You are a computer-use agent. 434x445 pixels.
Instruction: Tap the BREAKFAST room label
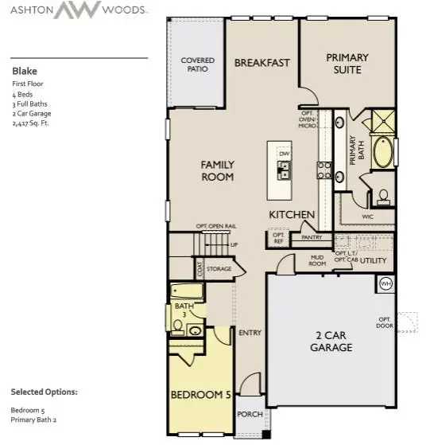[x=262, y=63]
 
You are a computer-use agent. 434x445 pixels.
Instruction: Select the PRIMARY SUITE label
[x=347, y=63]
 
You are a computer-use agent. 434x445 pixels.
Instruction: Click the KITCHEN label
[x=292, y=215]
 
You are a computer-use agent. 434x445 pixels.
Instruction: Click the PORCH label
[x=250, y=414]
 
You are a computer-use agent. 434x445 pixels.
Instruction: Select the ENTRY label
[x=250, y=333]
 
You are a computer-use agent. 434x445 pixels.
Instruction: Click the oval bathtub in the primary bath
[x=383, y=152]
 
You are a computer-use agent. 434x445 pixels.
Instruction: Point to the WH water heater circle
[x=386, y=283]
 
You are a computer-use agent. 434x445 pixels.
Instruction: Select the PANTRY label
[x=311, y=237]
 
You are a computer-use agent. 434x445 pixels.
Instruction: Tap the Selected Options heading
[x=44, y=392]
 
